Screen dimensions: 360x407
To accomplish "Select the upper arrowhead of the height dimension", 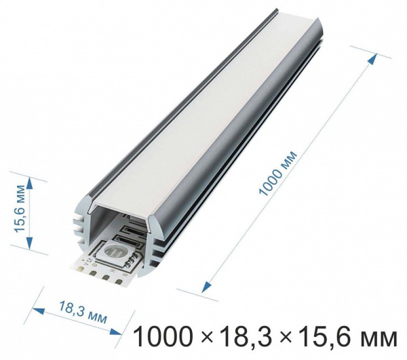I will coord(28,183).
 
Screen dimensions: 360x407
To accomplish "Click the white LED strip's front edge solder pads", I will coord(102,275).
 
